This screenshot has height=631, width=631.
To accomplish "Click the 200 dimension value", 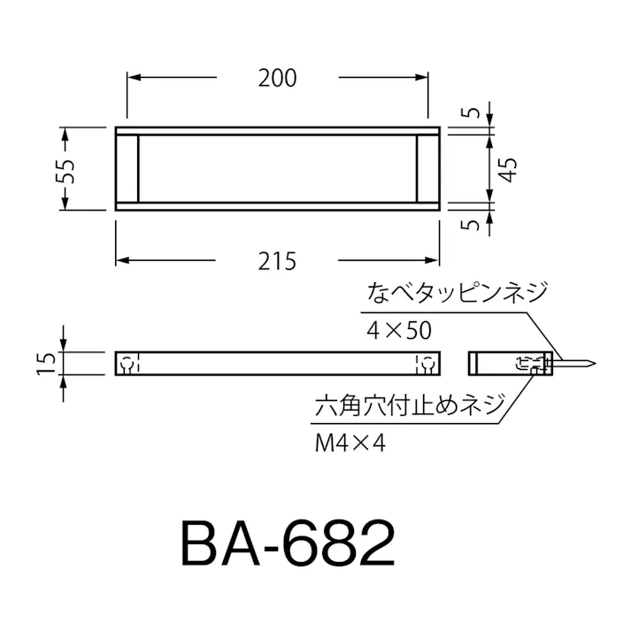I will pyautogui.click(x=278, y=78).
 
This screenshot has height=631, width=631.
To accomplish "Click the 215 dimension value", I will pyautogui.click(x=278, y=261).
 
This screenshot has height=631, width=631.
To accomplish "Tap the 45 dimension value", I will pyautogui.click(x=505, y=168).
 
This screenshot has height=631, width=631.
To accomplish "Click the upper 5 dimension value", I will pyautogui.click(x=476, y=113).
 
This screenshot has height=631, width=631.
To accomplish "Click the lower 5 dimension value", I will pyautogui.click(x=476, y=224).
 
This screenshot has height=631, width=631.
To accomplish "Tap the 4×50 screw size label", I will pyautogui.click(x=398, y=331).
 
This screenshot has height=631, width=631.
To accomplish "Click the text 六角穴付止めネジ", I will pyautogui.click(x=410, y=408).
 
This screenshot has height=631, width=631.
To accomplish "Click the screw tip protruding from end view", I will pyautogui.click(x=584, y=363).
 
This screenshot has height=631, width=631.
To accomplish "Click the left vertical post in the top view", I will pyautogui.click(x=136, y=168).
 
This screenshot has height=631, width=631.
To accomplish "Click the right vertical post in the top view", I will pyautogui.click(x=420, y=168).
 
